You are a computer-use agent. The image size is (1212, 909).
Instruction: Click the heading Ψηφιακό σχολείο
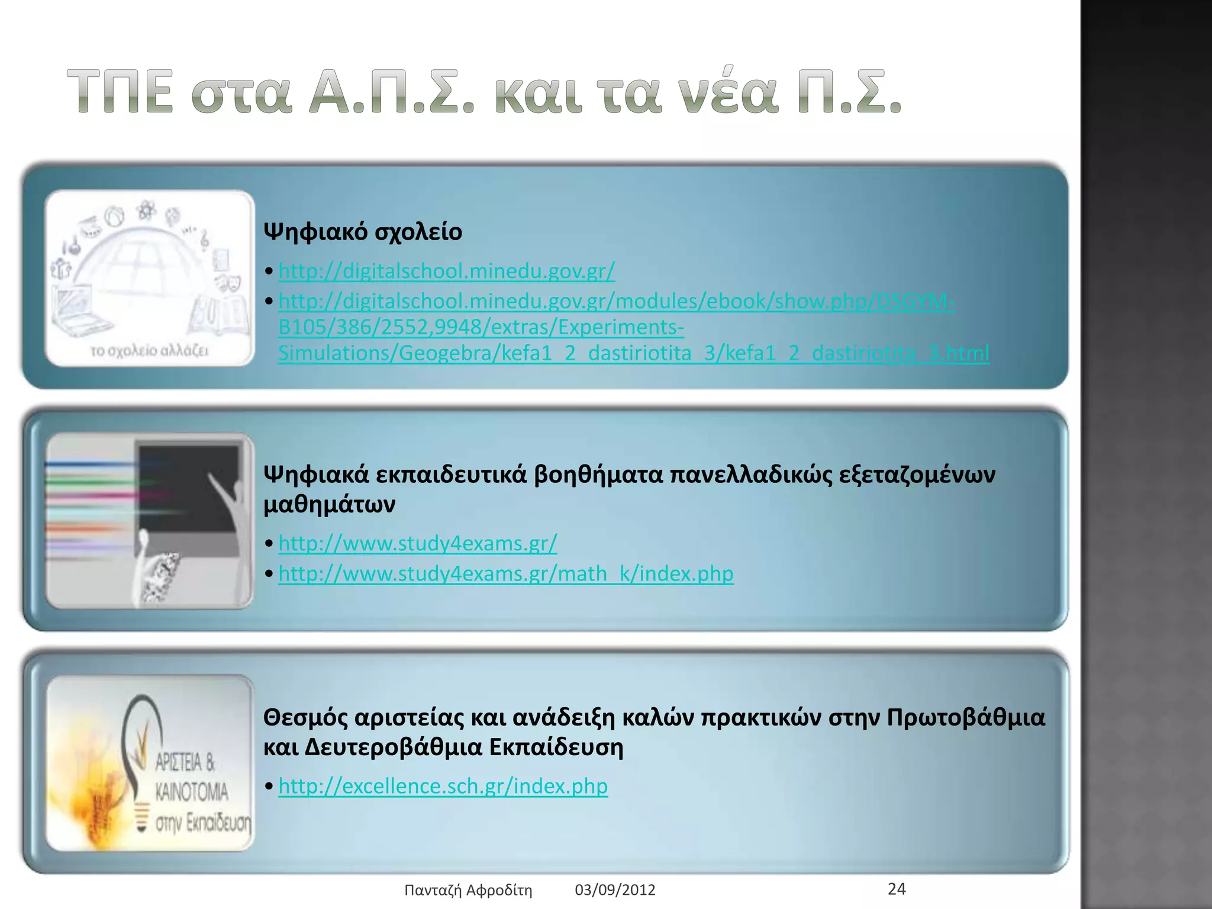362,232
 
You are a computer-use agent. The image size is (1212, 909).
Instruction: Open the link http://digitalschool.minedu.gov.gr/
447,271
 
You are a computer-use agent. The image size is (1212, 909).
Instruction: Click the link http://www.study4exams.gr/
418,543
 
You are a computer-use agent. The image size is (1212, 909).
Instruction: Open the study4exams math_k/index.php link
506,574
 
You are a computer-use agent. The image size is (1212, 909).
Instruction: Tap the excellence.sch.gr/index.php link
443,786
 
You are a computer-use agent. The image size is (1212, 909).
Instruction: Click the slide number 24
897,888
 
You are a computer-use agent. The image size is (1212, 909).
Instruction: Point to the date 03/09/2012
615,890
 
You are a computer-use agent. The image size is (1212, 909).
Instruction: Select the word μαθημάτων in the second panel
329,505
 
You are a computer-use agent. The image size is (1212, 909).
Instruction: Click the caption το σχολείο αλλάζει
149,351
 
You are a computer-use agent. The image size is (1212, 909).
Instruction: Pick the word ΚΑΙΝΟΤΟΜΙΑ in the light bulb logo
192,792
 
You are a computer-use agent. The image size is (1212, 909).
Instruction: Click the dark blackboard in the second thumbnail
188,485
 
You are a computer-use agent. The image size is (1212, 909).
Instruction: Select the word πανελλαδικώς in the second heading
750,475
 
